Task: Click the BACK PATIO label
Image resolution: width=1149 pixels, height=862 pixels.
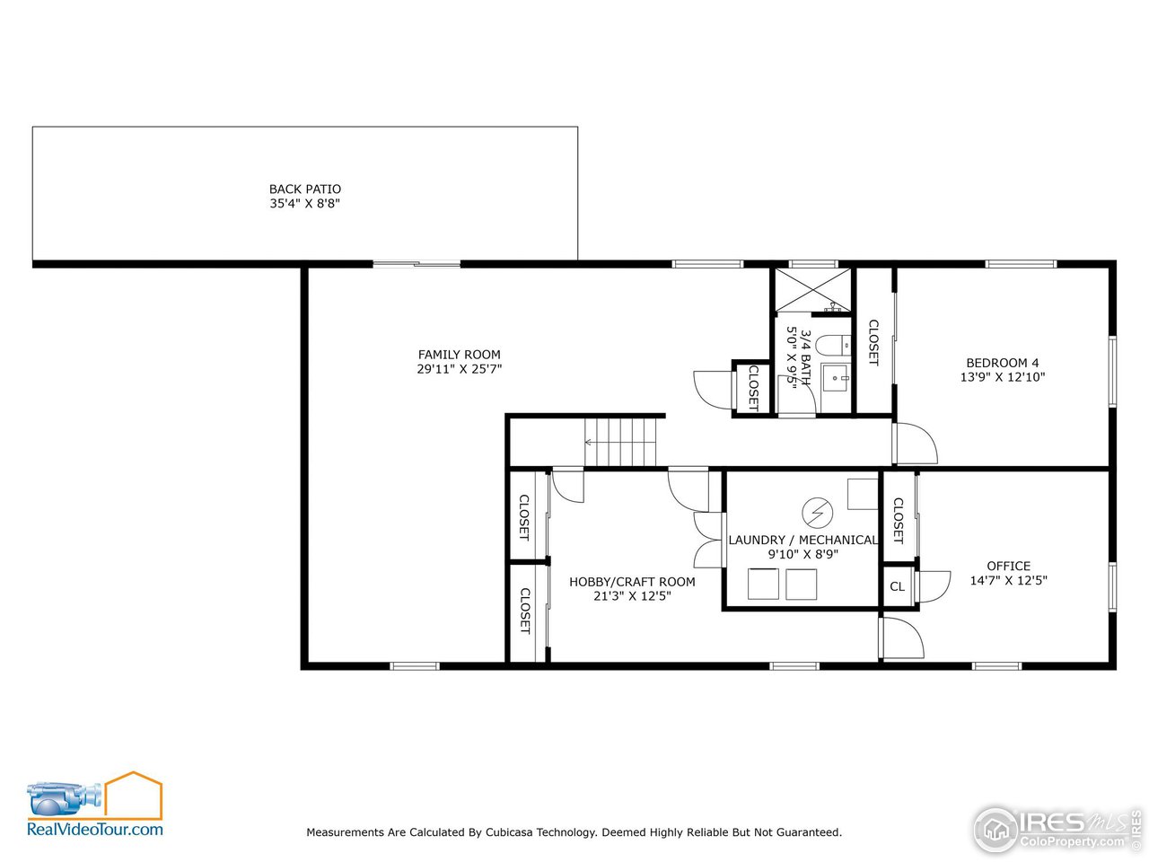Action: tap(305, 189)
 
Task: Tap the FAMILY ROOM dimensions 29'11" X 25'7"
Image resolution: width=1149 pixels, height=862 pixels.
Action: tap(459, 369)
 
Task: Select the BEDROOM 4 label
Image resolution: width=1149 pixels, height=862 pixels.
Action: tap(1003, 363)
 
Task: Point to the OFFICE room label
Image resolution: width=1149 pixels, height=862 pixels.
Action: tap(1008, 566)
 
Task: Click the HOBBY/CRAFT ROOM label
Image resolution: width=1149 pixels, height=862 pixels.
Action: tap(632, 582)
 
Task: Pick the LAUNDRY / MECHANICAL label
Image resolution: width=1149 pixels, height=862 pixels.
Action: tap(803, 540)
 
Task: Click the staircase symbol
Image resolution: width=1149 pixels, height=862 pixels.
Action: tap(621, 442)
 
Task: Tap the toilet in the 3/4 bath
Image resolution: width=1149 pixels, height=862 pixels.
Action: tap(831, 344)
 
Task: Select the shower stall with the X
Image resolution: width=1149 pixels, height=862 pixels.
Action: tap(812, 290)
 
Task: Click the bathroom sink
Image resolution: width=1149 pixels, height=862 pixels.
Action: tap(837, 379)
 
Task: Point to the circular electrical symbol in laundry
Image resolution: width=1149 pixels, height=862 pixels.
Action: tap(817, 513)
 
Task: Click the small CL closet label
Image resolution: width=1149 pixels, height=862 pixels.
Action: tap(897, 587)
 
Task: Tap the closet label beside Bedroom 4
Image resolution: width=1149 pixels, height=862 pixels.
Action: tap(873, 342)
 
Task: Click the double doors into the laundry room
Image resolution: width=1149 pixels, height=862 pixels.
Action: tap(710, 539)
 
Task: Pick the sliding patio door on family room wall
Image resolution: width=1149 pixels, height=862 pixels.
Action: tap(417, 264)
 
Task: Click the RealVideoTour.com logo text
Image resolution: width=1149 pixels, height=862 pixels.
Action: tap(95, 830)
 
